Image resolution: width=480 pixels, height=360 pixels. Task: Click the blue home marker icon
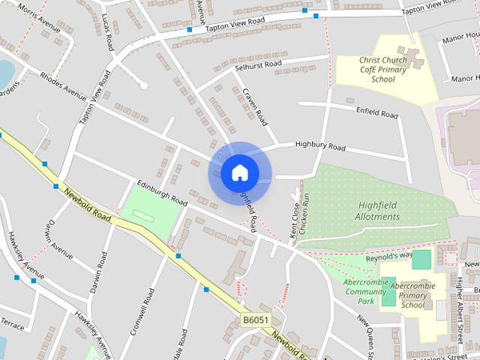pyautogui.click(x=239, y=173)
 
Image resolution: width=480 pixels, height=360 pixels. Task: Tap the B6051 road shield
pyautogui.click(x=256, y=320)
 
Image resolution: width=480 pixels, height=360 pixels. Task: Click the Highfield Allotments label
pyautogui.click(x=379, y=210)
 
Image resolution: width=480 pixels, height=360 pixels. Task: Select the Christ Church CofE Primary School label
pyautogui.click(x=382, y=69)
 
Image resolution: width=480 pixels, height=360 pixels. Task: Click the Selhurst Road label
pyautogui.click(x=257, y=64)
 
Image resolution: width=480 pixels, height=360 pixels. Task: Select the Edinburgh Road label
pyautogui.click(x=162, y=192)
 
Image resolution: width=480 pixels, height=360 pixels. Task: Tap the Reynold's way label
pyautogui.click(x=389, y=256)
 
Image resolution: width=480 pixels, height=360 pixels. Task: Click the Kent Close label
pyautogui.click(x=294, y=220)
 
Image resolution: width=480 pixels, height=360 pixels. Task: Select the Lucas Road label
pyautogui.click(x=109, y=25)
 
